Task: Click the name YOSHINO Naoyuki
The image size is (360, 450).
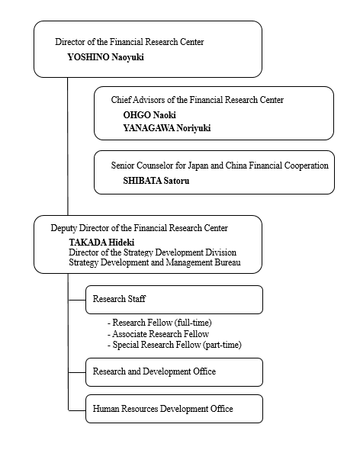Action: click(105, 56)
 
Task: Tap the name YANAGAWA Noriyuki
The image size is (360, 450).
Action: click(166, 128)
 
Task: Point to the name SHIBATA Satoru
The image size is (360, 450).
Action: click(158, 182)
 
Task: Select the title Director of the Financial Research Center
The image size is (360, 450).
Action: click(130, 41)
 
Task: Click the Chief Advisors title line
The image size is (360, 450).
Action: click(198, 100)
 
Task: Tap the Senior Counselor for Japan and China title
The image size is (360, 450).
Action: click(220, 165)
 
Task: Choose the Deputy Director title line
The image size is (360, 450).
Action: click(139, 228)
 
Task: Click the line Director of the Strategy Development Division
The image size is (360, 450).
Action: click(153, 252)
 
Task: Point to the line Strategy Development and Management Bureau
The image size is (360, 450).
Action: click(155, 263)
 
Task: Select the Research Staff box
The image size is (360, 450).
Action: click(174, 299)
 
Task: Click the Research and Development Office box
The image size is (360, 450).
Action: click(174, 371)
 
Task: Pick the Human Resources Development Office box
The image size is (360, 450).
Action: click(174, 409)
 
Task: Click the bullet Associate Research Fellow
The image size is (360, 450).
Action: click(159, 334)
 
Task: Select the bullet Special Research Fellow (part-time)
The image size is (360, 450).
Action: click(175, 345)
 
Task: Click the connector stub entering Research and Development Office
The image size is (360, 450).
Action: click(76, 371)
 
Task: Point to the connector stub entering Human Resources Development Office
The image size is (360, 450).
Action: click(76, 410)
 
